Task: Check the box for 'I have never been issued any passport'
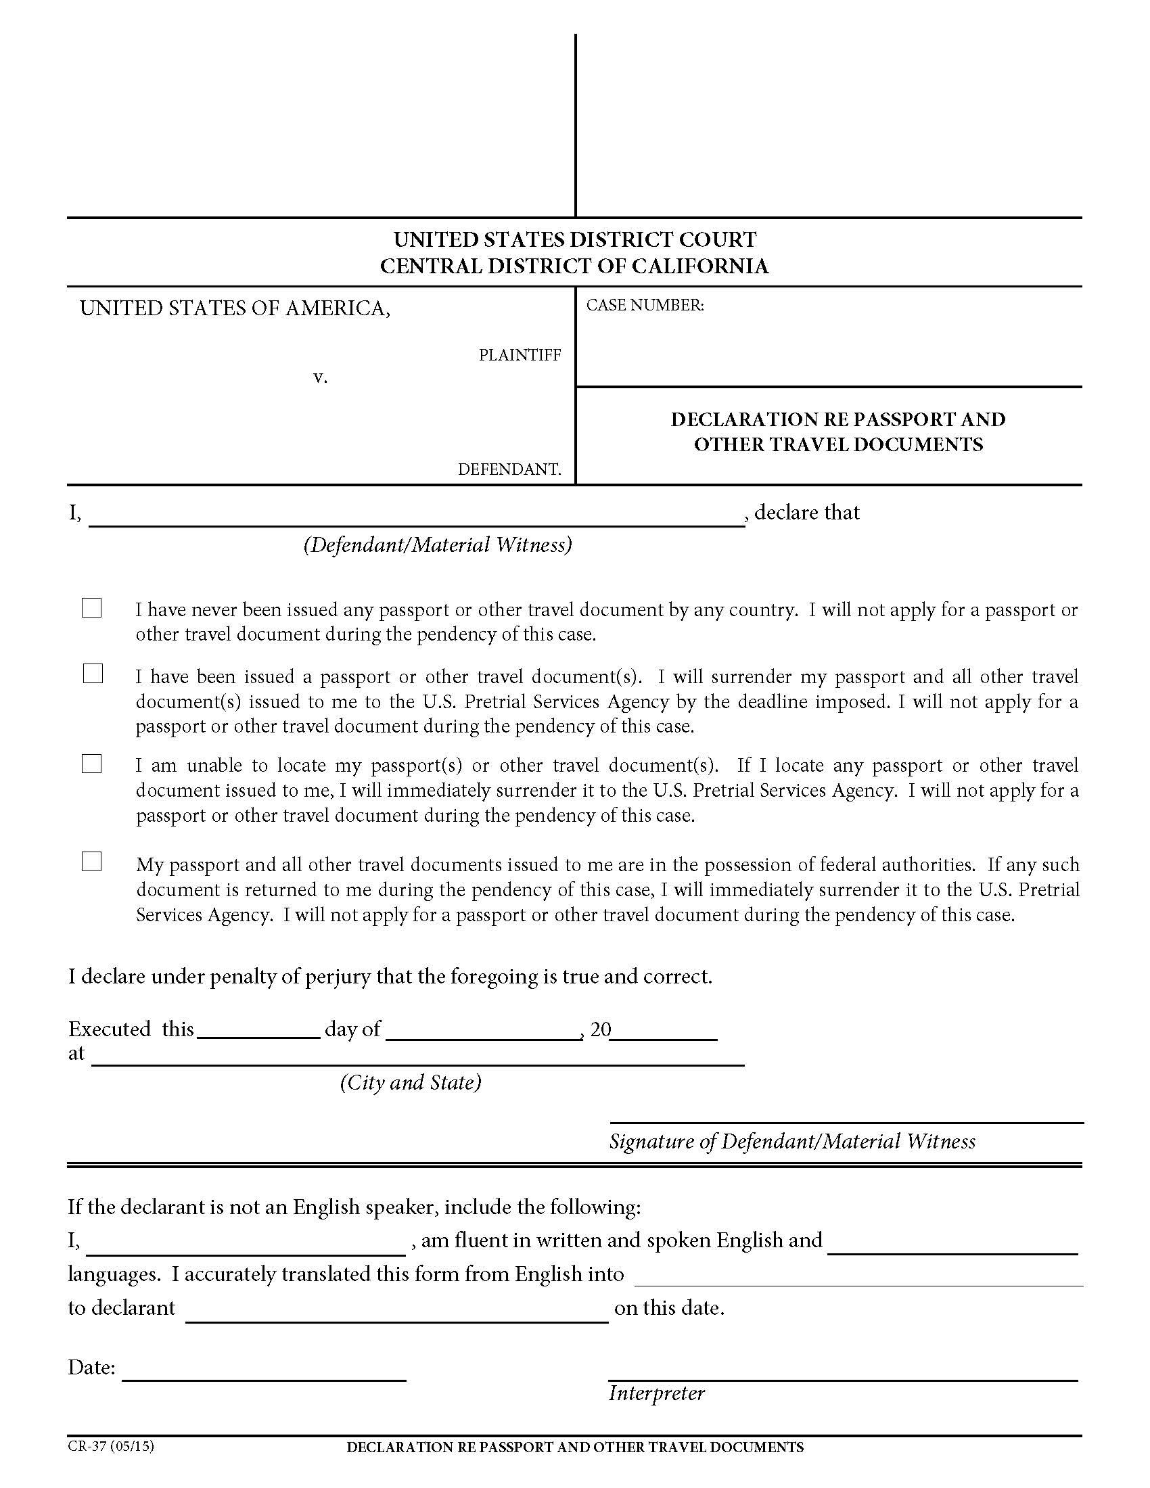click(x=91, y=608)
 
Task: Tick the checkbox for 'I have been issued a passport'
click(x=93, y=674)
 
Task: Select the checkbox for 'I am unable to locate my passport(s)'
click(x=91, y=764)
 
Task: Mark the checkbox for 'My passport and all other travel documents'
click(x=91, y=862)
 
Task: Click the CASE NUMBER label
click(x=645, y=305)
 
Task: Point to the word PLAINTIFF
click(x=519, y=355)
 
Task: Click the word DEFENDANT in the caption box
click(x=509, y=469)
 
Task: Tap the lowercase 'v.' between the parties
click(x=319, y=377)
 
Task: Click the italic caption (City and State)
click(x=410, y=1083)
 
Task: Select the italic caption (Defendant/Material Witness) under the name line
click(x=438, y=544)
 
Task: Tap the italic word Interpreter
click(x=656, y=1393)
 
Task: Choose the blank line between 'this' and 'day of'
click(x=258, y=1030)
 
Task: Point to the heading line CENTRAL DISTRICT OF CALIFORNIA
click(x=574, y=266)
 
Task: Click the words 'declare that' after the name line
click(x=806, y=513)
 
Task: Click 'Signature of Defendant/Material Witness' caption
click(x=791, y=1141)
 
